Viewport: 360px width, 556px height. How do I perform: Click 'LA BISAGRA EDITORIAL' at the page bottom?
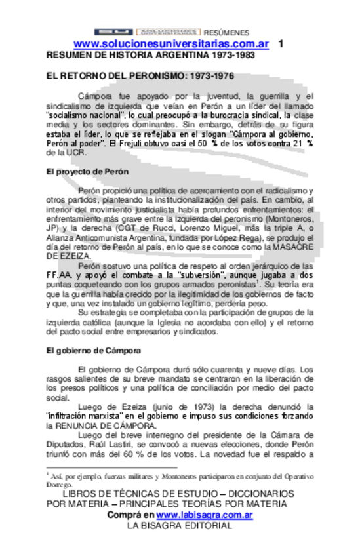pos(178,526)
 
